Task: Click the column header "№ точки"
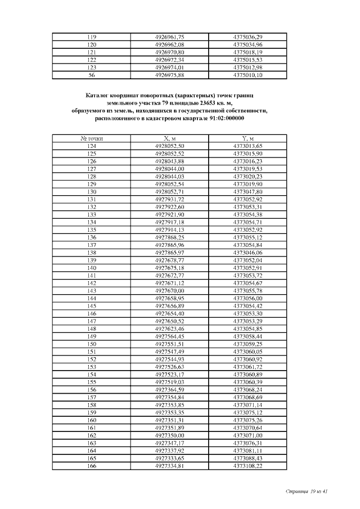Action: (x=92, y=138)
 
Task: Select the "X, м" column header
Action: (x=169, y=138)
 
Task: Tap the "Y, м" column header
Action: (x=247, y=138)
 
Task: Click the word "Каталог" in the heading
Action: (x=100, y=96)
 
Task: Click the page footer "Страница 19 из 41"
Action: (x=307, y=492)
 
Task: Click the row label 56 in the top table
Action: (x=92, y=75)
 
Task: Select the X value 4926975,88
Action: (x=169, y=75)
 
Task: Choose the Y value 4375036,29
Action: (x=247, y=37)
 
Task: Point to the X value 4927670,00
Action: (x=169, y=290)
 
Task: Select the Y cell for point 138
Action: (x=247, y=253)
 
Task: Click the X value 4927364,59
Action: (x=169, y=389)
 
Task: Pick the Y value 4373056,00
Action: (x=247, y=298)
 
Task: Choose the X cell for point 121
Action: (x=169, y=52)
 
